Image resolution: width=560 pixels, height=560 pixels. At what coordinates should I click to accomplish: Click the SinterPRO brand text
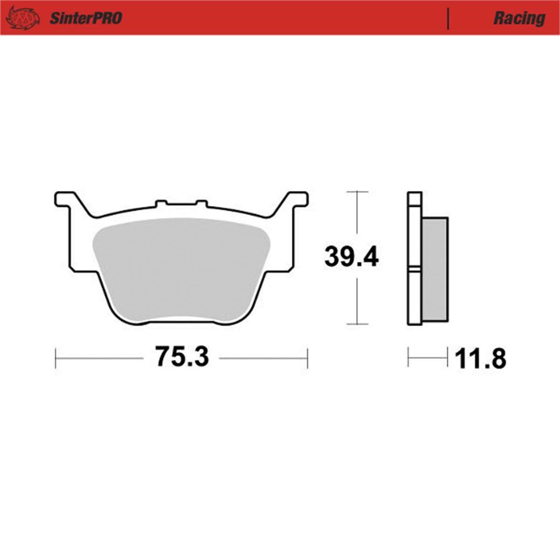[x=86, y=18]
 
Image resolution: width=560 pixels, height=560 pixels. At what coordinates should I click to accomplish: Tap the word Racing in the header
[x=519, y=19]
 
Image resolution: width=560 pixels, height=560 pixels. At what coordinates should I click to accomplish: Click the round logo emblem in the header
[x=23, y=18]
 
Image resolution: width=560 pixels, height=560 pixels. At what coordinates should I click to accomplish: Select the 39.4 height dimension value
[x=351, y=257]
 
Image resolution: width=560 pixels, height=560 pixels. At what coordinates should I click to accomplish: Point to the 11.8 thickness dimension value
[x=481, y=359]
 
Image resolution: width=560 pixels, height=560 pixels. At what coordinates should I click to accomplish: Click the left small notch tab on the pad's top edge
[x=161, y=203]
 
